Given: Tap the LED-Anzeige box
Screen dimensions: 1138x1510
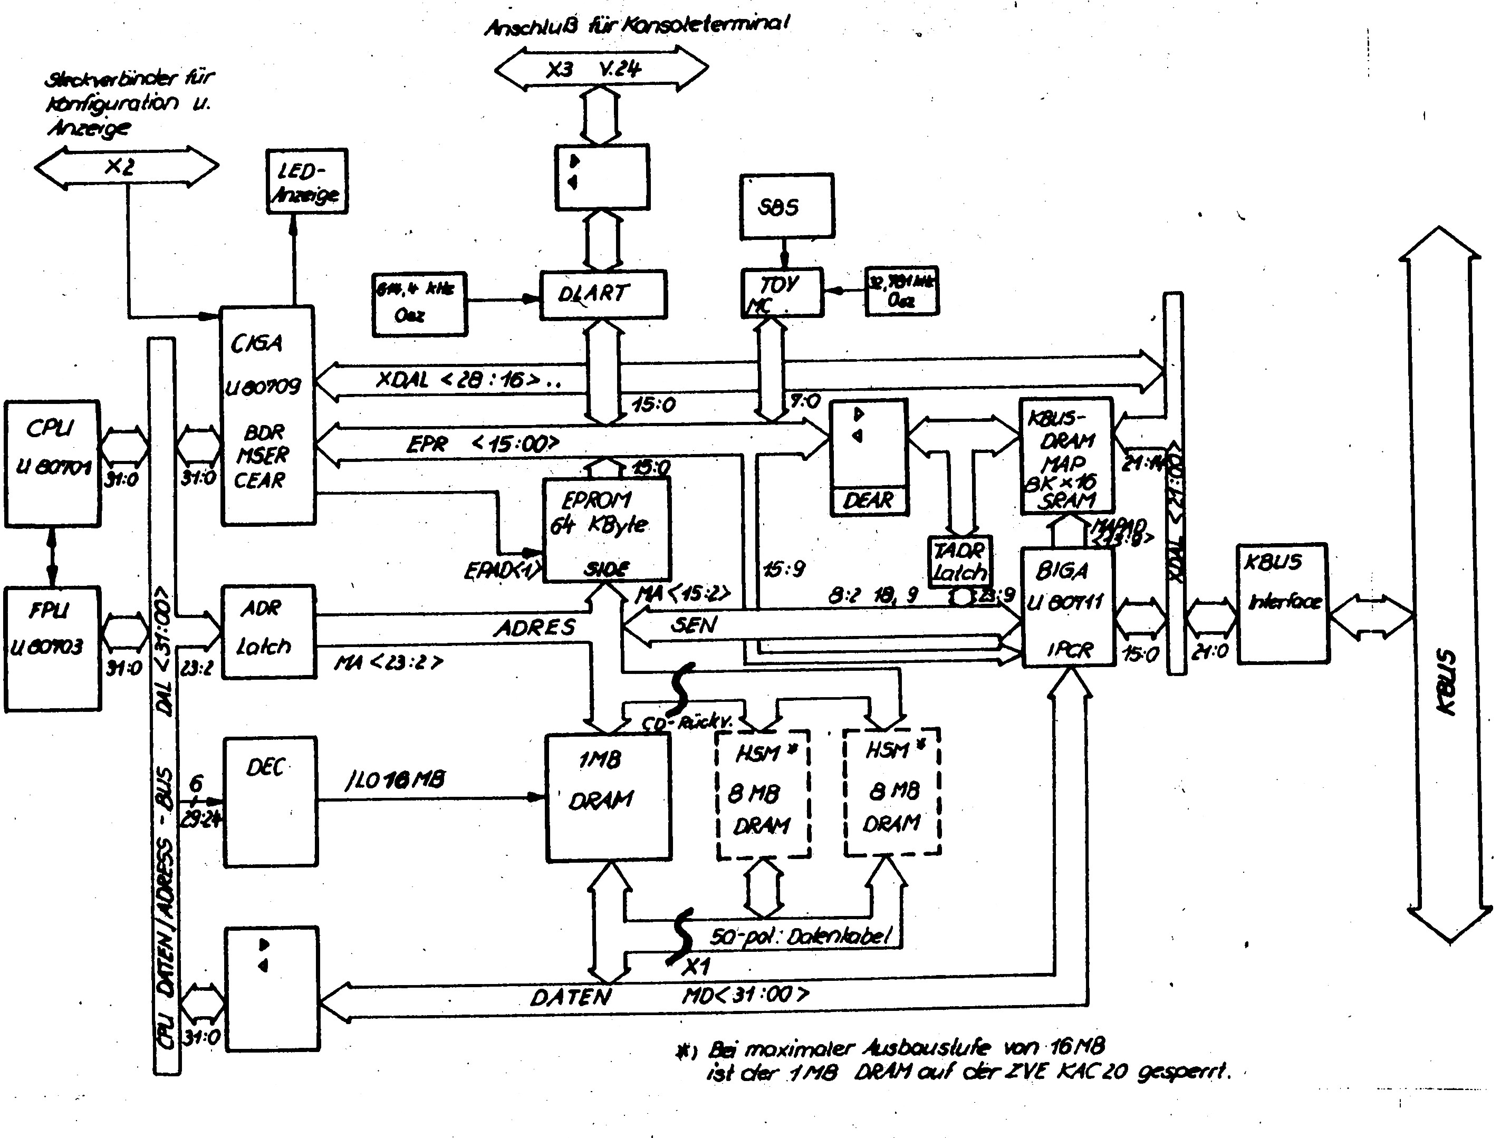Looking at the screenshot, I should pos(306,181).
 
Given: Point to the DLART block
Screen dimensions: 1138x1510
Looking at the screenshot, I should pos(603,294).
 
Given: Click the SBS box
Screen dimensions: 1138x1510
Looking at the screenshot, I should pos(786,206).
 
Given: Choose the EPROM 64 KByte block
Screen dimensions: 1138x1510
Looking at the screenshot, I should pos(606,528).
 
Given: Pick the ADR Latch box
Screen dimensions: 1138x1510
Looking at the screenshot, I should pos(269,631).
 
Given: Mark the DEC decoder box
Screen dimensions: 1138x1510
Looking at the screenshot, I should pos(271,802).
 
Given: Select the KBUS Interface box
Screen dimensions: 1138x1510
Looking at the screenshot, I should pos(1282,603).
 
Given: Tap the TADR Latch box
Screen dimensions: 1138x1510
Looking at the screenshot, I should pos(959,561).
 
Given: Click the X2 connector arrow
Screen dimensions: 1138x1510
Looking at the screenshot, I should pos(126,166).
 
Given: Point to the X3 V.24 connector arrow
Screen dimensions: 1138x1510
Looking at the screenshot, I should pos(601,68).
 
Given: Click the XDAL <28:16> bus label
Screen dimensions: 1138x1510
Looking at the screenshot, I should pos(468,380).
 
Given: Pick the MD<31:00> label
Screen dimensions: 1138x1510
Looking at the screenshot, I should pos(745,994).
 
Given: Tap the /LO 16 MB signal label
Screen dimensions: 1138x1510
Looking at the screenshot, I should pos(395,779).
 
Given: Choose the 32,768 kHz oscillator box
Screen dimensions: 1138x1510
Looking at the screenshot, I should pos(901,291).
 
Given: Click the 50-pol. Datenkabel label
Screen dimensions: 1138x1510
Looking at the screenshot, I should pos(800,936).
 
